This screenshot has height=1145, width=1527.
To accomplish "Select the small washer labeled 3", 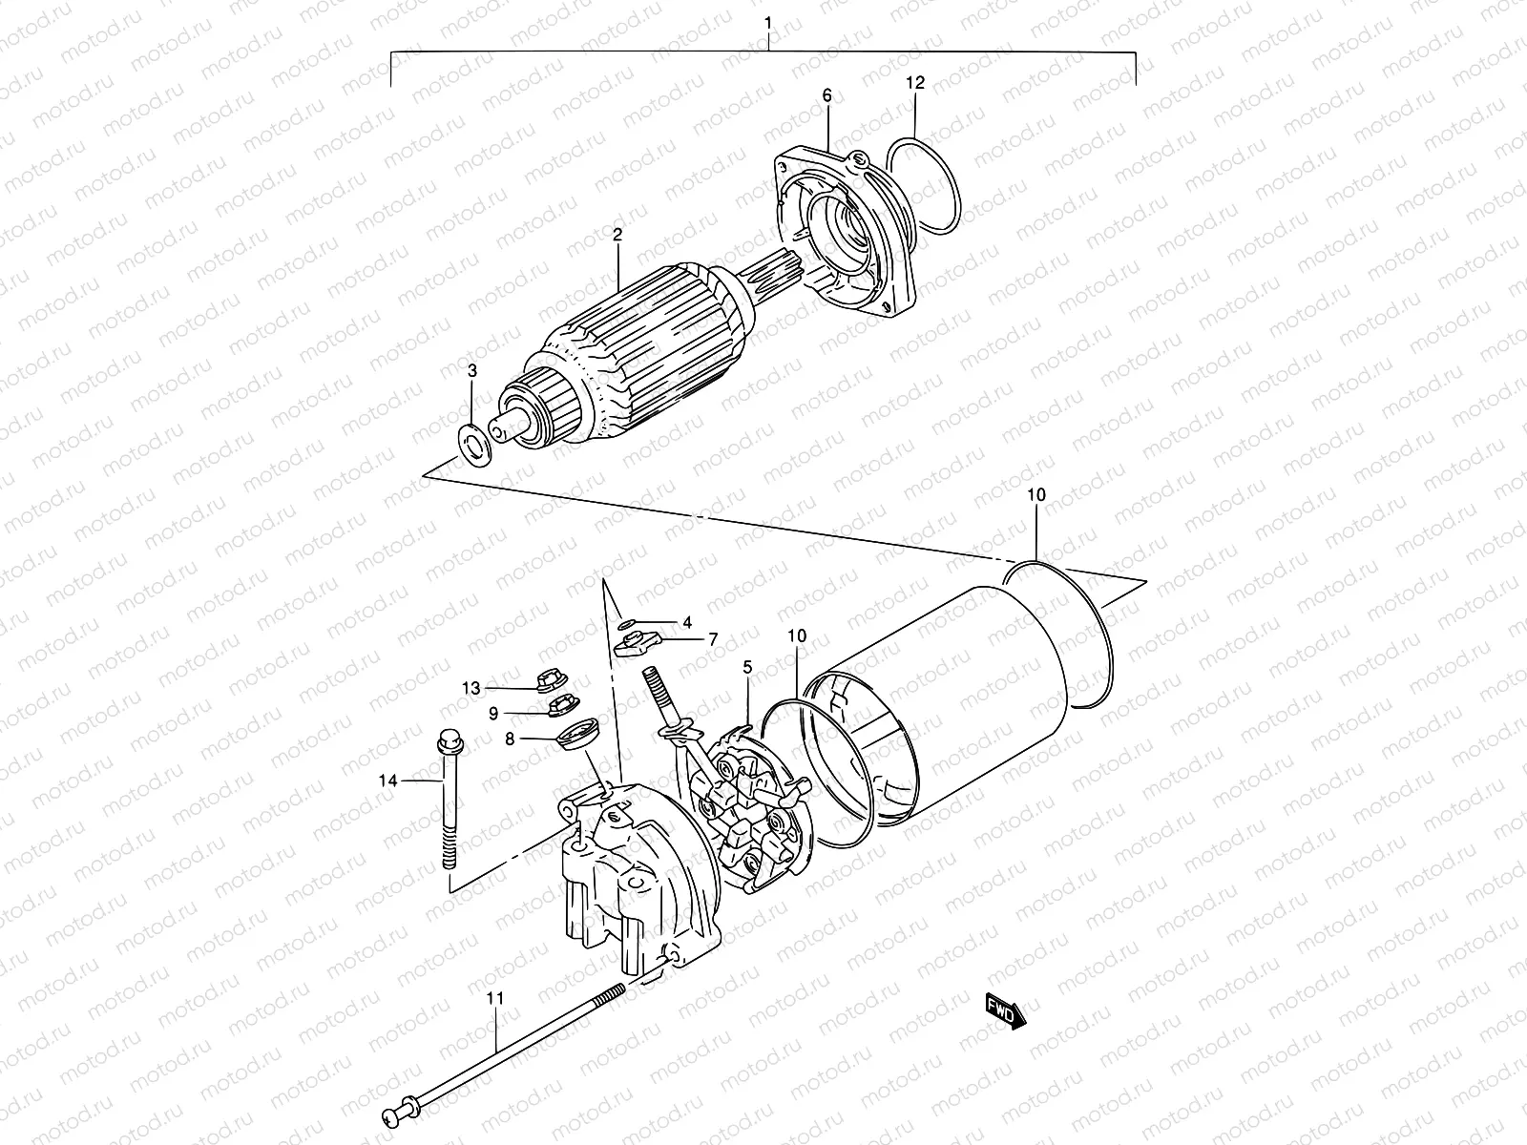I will (473, 444).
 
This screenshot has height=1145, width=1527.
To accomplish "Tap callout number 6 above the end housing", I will (826, 95).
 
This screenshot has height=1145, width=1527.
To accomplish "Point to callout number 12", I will (915, 84).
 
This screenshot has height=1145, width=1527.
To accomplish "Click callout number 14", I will (387, 781).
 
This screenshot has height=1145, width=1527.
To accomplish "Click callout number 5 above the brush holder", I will (747, 667).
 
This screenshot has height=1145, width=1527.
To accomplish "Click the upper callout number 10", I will (1037, 494).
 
